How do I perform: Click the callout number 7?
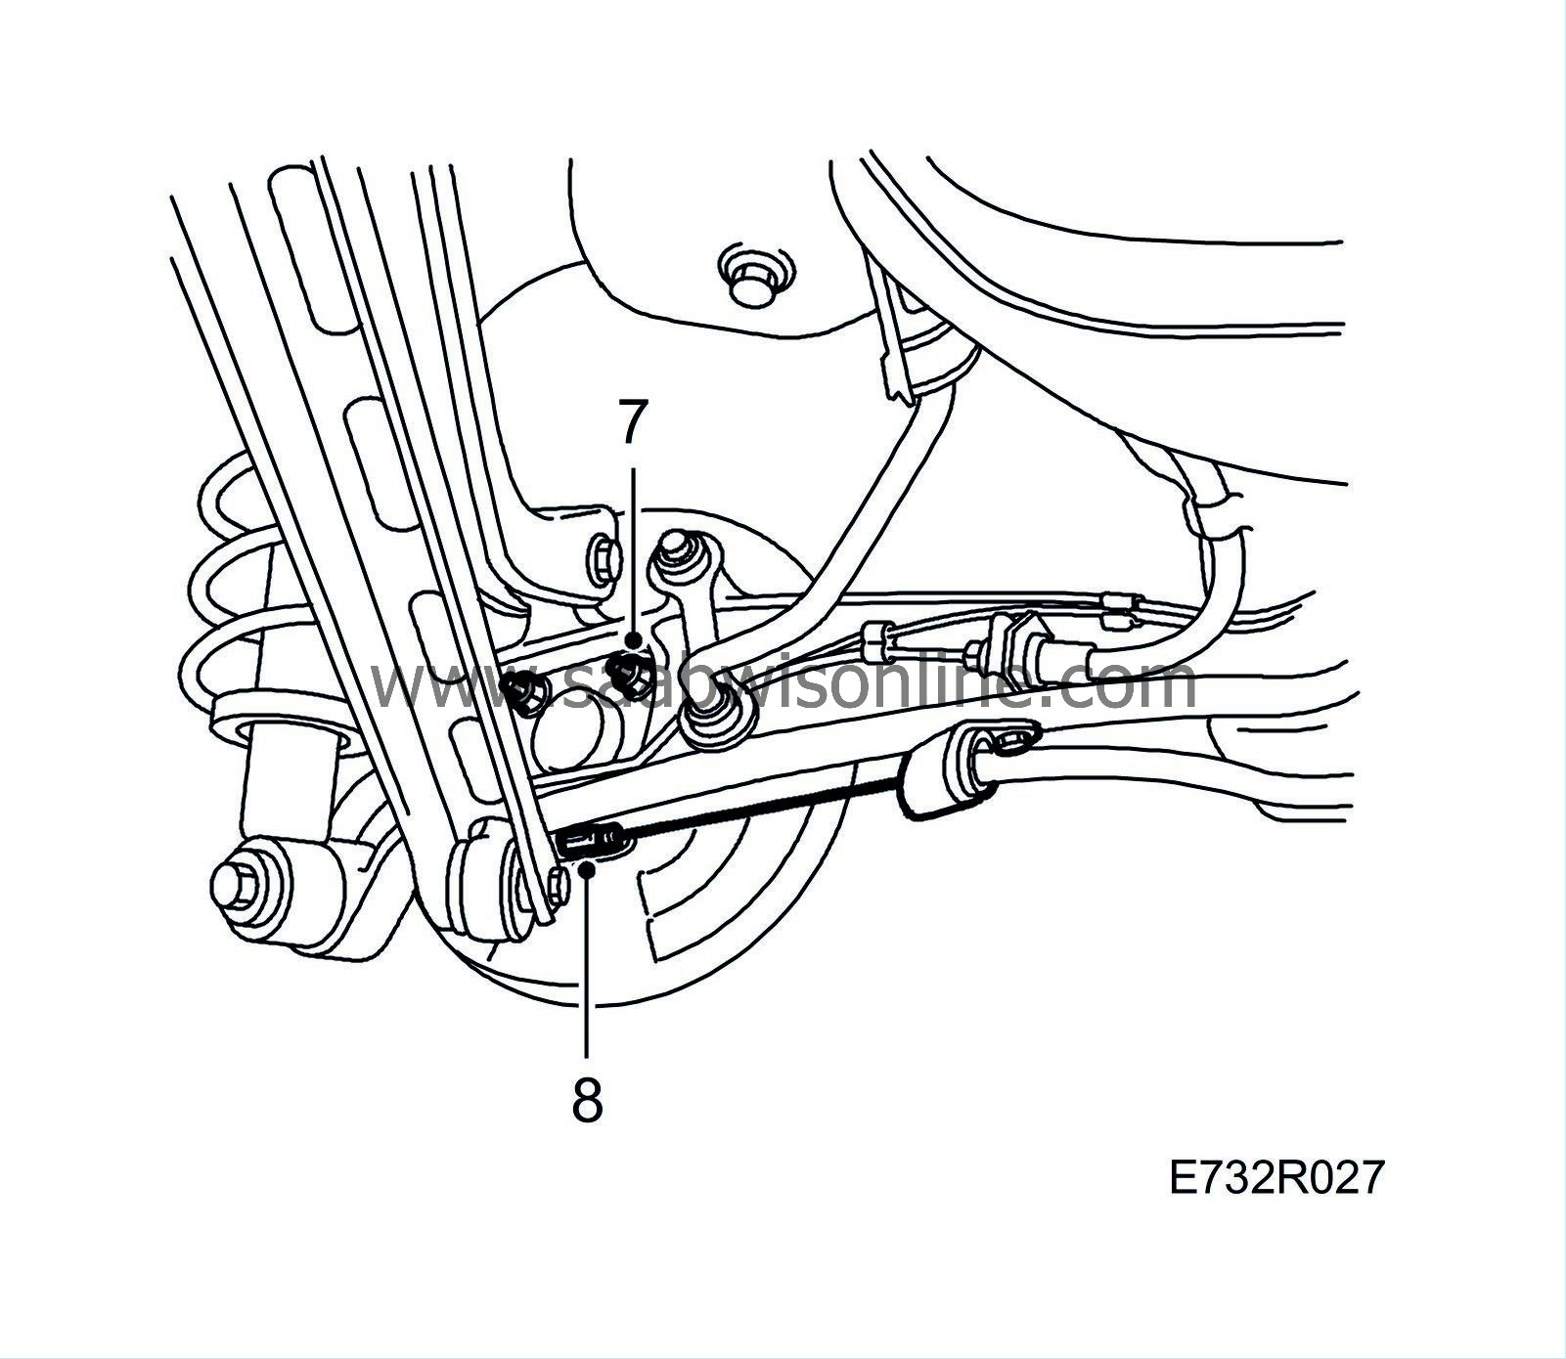(x=633, y=423)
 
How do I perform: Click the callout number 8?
(x=587, y=1100)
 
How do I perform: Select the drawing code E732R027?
(x=1277, y=1178)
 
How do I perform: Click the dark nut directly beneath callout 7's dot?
(x=623, y=670)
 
